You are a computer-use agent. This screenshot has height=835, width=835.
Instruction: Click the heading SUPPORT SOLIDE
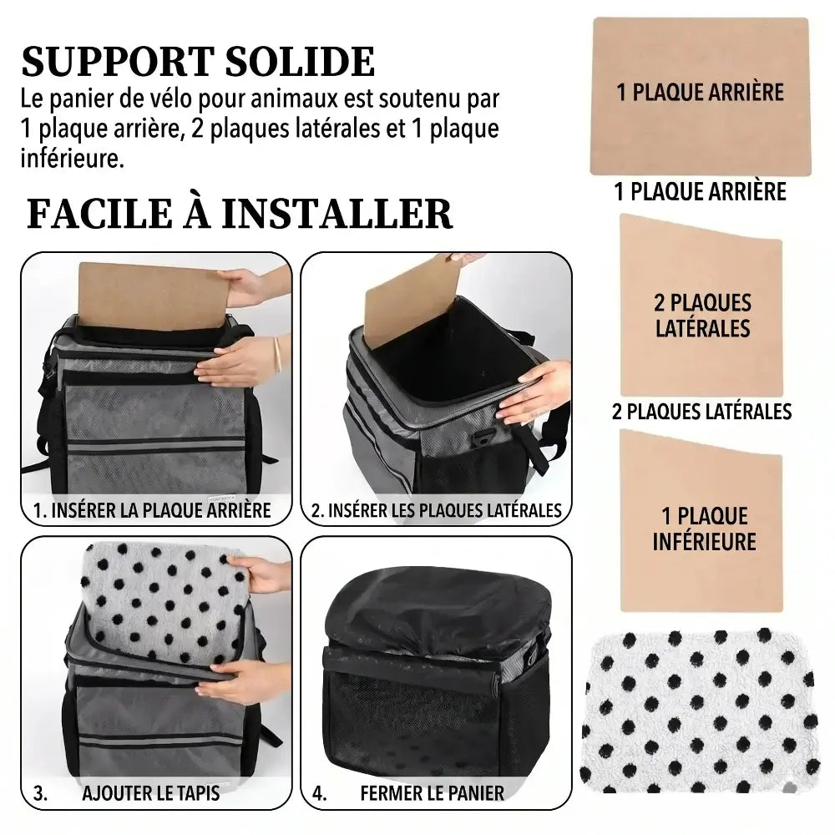pyautogui.click(x=198, y=63)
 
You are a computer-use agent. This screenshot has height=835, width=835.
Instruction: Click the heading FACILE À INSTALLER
pyautogui.click(x=239, y=213)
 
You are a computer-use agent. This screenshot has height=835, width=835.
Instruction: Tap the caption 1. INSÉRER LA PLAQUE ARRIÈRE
pyautogui.click(x=152, y=510)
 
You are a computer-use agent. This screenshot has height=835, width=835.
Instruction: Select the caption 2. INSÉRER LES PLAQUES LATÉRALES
pyautogui.click(x=436, y=510)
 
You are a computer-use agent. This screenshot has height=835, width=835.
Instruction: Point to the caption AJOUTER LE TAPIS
pyautogui.click(x=150, y=792)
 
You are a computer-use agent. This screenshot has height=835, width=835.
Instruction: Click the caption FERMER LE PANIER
pyautogui.click(x=432, y=792)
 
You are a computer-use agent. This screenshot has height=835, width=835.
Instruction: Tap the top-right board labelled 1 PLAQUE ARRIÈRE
pyautogui.click(x=700, y=96)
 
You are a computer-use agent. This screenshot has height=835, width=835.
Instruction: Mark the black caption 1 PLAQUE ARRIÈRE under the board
pyautogui.click(x=700, y=192)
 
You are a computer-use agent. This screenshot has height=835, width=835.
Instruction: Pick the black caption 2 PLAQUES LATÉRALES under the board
pyautogui.click(x=701, y=411)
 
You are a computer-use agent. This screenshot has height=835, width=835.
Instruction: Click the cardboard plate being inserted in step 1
pyautogui.click(x=150, y=296)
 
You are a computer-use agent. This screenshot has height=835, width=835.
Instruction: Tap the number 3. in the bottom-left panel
pyautogui.click(x=40, y=792)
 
